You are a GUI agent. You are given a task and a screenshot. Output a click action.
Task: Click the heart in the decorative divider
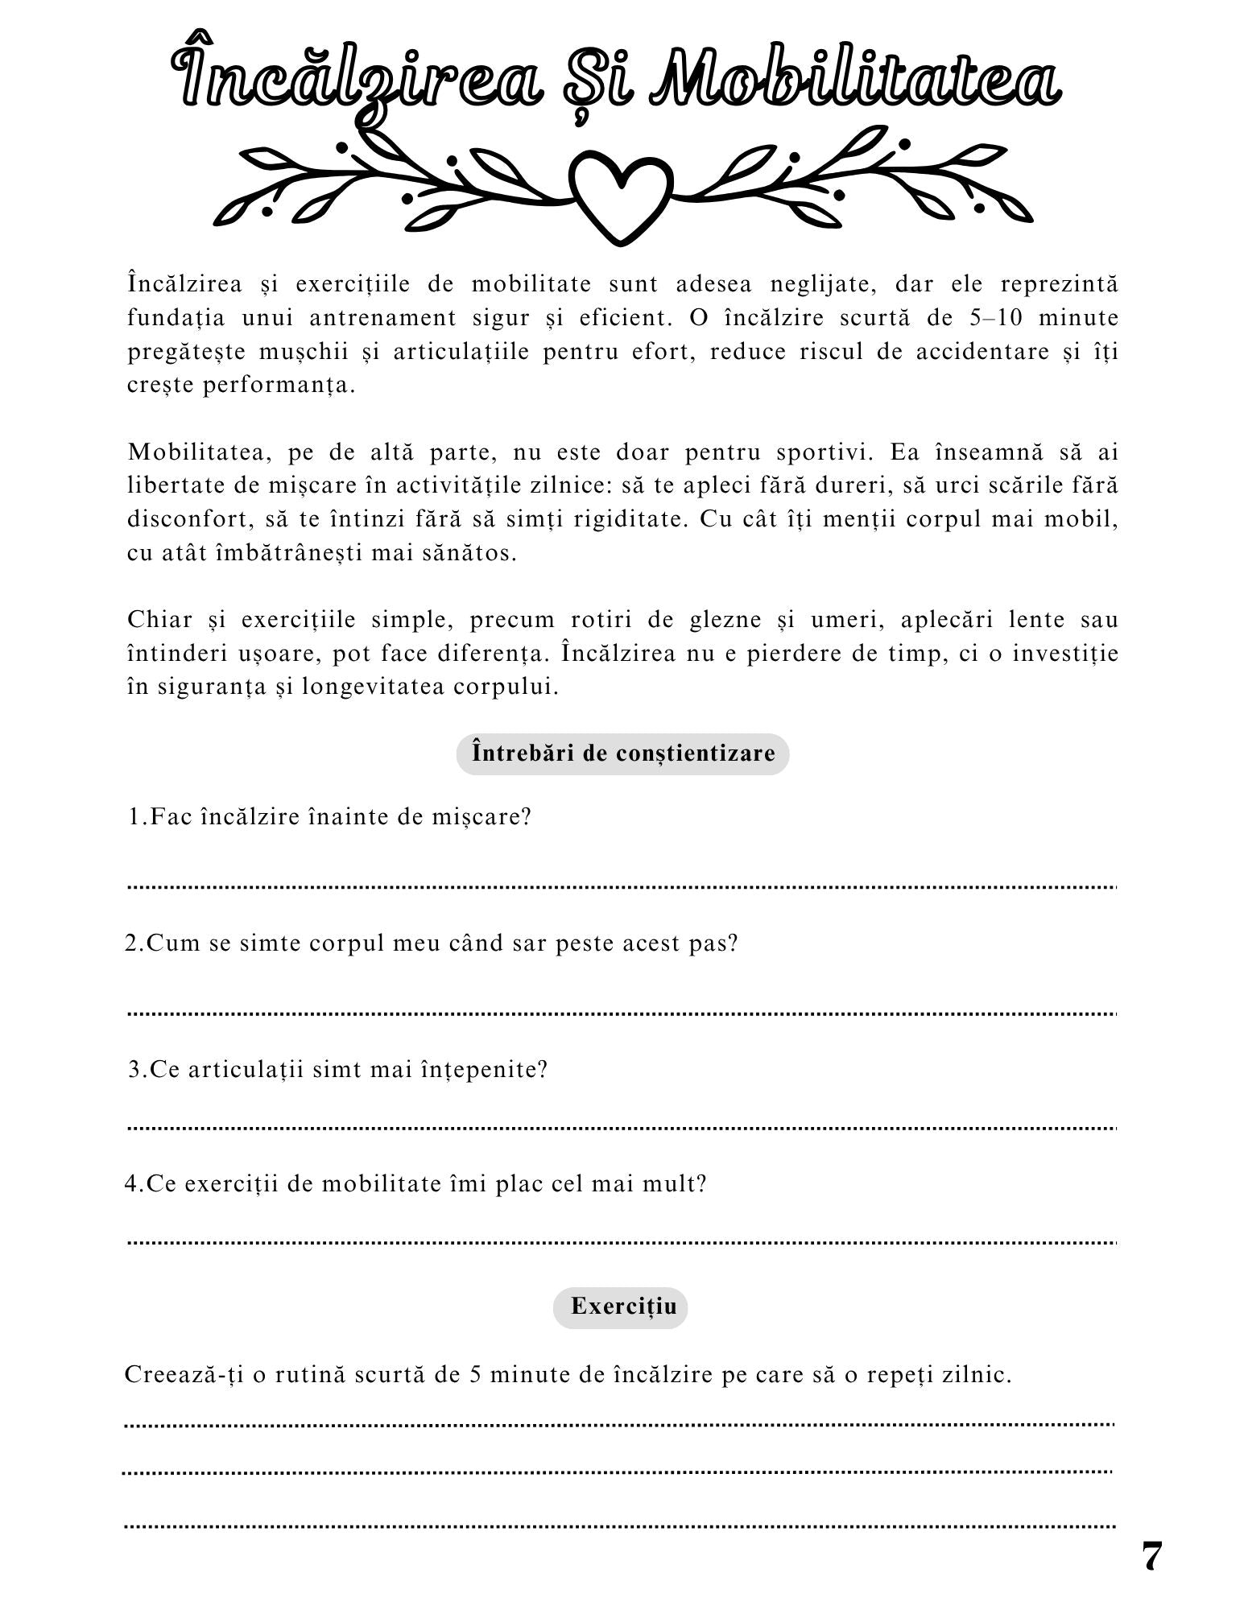click(620, 197)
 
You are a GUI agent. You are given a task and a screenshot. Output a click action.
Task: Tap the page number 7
click(1152, 1557)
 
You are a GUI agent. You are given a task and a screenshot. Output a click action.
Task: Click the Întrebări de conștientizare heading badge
click(622, 753)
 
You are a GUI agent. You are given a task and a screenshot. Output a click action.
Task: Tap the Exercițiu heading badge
click(620, 1306)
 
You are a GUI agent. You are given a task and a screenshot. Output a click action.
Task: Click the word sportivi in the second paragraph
click(825, 452)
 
